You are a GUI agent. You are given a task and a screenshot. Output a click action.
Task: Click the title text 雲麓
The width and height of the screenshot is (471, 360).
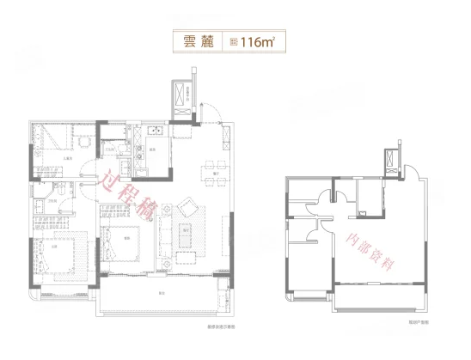(197, 40)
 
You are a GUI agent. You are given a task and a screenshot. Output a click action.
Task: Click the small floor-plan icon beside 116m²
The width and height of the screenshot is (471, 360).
(234, 40)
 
